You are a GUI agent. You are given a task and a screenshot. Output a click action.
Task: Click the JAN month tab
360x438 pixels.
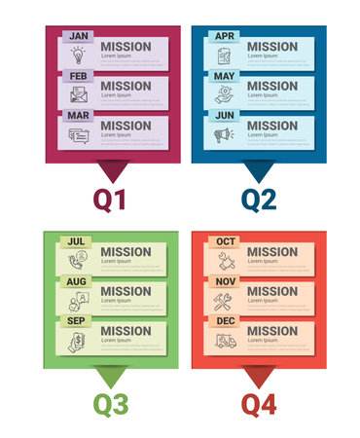[x=80, y=36]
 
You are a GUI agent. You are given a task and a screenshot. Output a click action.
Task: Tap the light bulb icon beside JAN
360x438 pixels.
[x=78, y=55]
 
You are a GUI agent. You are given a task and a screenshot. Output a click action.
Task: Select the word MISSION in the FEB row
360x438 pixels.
[x=126, y=86]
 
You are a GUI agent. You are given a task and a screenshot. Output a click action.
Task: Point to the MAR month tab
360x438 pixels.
[x=80, y=115]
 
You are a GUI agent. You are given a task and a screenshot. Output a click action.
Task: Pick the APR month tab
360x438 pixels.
[x=225, y=36]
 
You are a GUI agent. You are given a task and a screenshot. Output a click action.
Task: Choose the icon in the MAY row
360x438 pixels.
[x=224, y=94]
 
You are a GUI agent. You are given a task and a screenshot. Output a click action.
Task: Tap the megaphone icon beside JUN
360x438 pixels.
[x=224, y=134]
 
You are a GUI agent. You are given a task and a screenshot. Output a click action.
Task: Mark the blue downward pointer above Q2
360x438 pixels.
[x=259, y=172]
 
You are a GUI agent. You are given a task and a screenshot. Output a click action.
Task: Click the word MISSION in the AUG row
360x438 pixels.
[x=126, y=291]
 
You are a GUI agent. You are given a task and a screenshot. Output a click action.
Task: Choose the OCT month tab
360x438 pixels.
[x=226, y=241]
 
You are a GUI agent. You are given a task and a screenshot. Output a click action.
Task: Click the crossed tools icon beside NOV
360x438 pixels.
[x=224, y=300]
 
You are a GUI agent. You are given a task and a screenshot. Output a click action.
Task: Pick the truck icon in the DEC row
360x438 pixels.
[x=224, y=340]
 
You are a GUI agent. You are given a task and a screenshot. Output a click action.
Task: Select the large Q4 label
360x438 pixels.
[x=259, y=402]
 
